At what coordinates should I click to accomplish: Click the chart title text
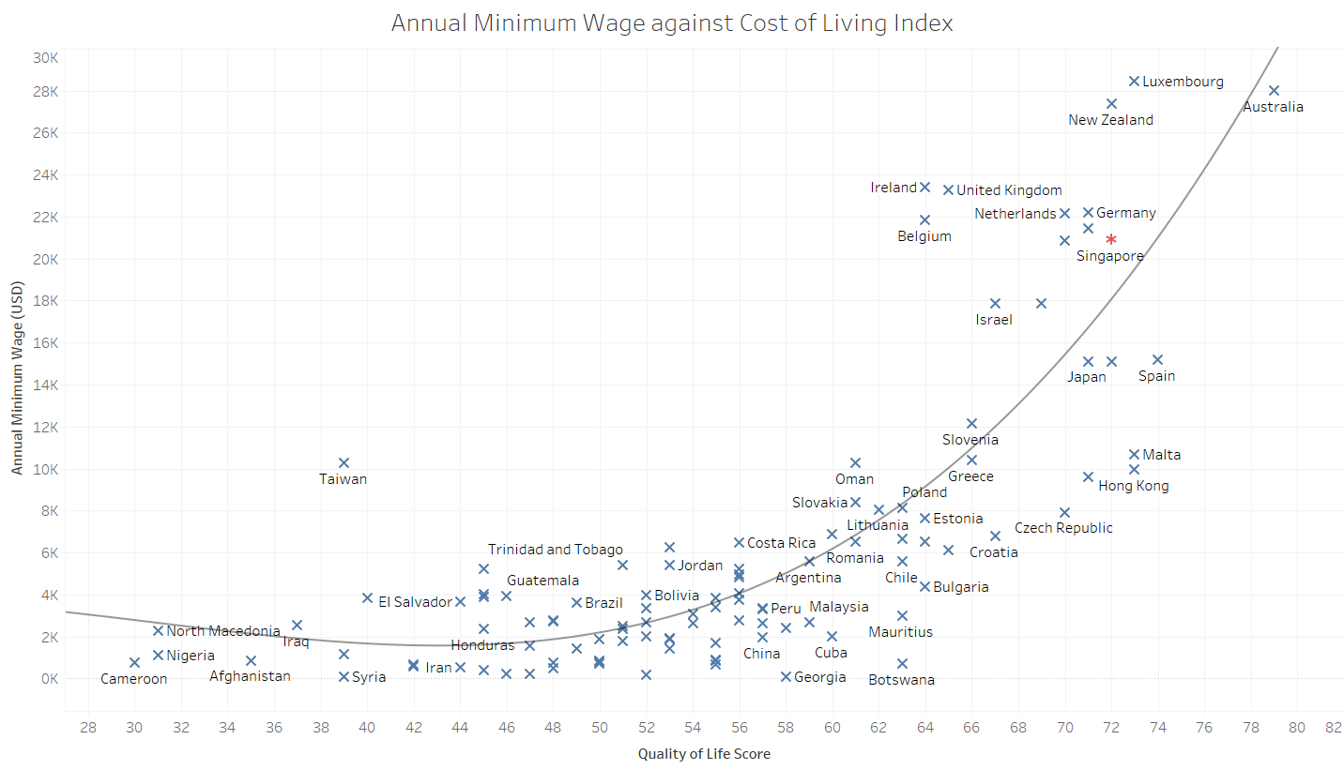[x=672, y=23]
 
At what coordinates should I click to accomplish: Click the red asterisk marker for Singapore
[x=1111, y=240]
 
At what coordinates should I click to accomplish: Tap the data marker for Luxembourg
[x=1134, y=82]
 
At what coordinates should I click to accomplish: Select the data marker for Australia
[x=1274, y=90]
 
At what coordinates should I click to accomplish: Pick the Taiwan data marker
[x=344, y=462]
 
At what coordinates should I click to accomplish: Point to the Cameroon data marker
[x=134, y=662]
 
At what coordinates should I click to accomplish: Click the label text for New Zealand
[x=1111, y=120]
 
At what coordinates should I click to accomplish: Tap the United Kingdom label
[x=1009, y=190]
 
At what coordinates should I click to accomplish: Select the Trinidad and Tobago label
[x=555, y=550]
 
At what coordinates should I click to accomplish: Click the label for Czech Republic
[x=1063, y=528]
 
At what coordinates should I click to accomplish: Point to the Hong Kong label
[x=1133, y=486]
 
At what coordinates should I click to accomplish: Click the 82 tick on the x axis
[x=1333, y=728]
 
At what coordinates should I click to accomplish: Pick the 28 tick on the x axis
[x=88, y=728]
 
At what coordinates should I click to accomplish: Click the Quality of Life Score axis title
[x=704, y=754]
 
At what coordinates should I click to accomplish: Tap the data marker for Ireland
[x=924, y=188]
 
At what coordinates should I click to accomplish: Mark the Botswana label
[x=901, y=680]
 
